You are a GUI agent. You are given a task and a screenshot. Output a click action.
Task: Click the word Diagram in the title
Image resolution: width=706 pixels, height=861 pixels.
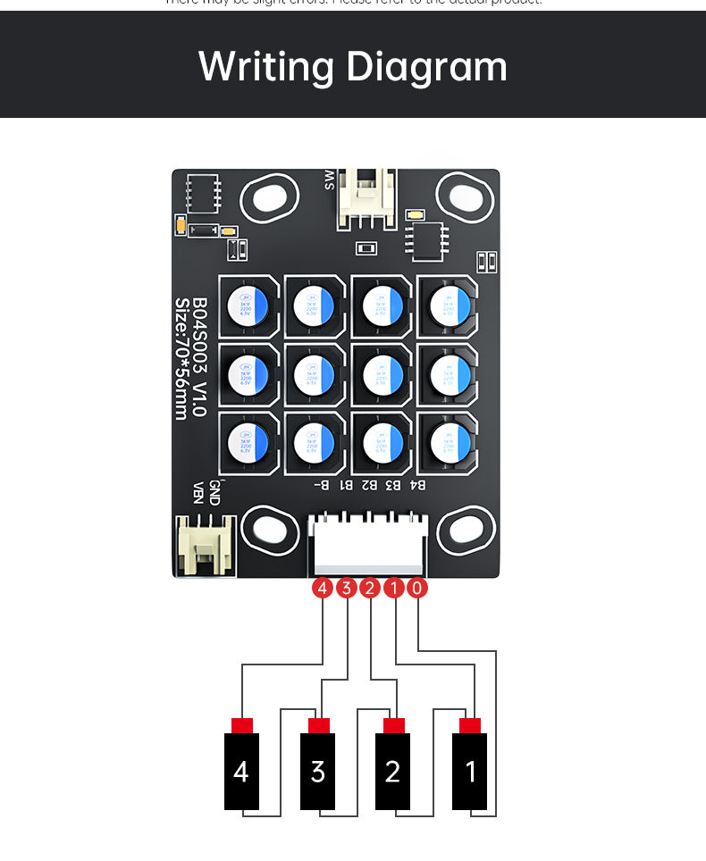[x=426, y=68]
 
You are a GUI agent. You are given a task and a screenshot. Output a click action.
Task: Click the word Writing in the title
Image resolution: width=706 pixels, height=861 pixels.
[x=266, y=68]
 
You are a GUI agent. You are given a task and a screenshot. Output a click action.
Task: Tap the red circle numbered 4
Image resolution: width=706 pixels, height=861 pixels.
[x=322, y=589]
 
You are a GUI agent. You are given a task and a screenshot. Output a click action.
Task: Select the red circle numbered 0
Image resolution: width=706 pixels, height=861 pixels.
[x=417, y=589]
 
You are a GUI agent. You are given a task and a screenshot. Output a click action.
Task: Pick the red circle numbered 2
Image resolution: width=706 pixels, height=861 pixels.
[x=370, y=589]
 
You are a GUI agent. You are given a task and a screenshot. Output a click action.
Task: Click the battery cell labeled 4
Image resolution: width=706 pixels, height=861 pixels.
[x=241, y=771]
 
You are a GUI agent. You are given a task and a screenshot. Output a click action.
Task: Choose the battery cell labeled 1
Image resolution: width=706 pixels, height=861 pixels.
[x=470, y=771]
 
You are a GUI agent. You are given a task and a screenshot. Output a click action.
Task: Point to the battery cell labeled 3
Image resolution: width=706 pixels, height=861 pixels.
[x=317, y=771]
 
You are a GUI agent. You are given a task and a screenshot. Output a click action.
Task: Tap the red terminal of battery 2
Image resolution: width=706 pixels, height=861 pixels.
[x=394, y=724]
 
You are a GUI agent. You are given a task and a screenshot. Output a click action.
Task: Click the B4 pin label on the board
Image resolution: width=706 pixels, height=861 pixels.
[x=416, y=485]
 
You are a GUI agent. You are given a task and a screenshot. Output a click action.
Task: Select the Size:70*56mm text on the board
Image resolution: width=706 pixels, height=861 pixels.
[x=181, y=357]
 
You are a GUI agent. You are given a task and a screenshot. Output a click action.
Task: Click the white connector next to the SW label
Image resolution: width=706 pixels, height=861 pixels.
[x=366, y=198]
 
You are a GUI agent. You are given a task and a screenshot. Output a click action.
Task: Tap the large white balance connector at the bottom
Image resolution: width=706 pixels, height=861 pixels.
[x=366, y=545]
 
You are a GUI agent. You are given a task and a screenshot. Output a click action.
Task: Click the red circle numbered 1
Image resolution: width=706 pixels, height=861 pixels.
[x=394, y=589]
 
